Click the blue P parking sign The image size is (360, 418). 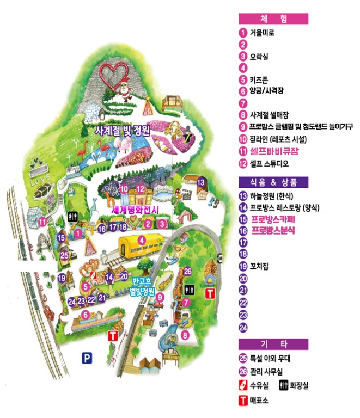86,358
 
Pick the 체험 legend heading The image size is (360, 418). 273,19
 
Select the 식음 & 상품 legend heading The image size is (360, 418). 273,182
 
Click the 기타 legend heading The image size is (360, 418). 273,344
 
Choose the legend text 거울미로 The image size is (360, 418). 262,33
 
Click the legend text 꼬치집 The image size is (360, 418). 260,266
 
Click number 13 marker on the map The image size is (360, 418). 201,182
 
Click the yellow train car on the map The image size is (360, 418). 142,247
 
